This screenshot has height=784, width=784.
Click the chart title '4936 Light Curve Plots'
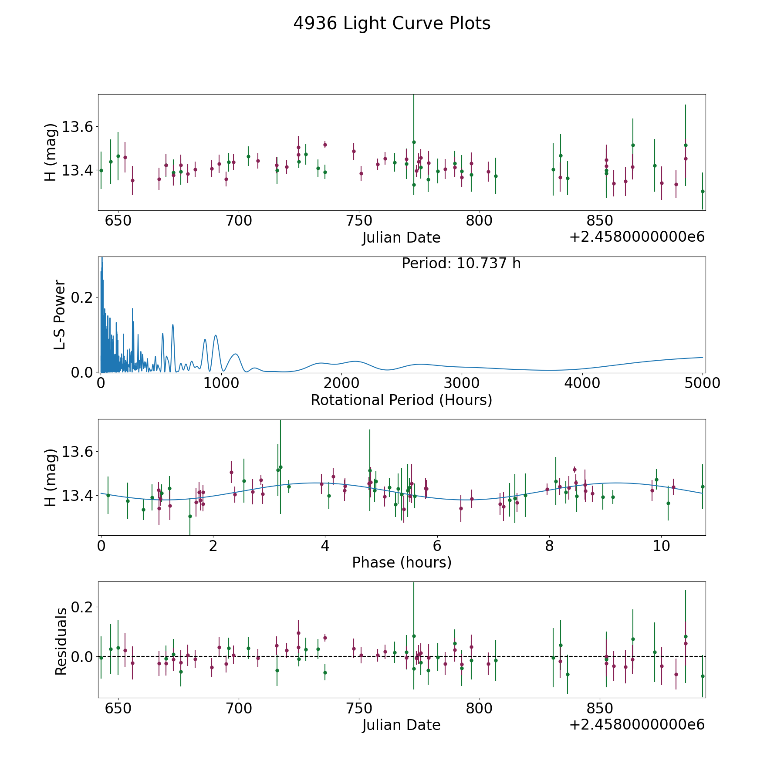[392, 24]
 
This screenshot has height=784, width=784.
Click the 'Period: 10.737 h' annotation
[461, 264]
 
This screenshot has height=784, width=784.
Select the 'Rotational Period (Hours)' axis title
[401, 400]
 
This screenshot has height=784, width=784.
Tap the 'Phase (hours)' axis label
[401, 562]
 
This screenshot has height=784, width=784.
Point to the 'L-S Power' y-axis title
[60, 314]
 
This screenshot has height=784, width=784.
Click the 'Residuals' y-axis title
[61, 641]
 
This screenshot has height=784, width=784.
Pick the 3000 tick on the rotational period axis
[461, 383]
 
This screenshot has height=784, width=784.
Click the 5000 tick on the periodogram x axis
[702, 383]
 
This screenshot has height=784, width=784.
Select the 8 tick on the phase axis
[549, 546]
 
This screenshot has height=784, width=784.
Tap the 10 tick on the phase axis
[661, 546]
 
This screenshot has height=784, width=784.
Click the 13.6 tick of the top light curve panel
[77, 127]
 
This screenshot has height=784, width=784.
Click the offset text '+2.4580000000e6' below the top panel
[637, 237]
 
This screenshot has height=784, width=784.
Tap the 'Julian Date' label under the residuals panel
[401, 725]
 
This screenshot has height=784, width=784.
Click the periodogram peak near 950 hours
[216, 335]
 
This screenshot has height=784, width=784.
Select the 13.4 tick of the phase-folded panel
[77, 496]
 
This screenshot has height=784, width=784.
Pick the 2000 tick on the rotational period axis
[341, 383]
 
